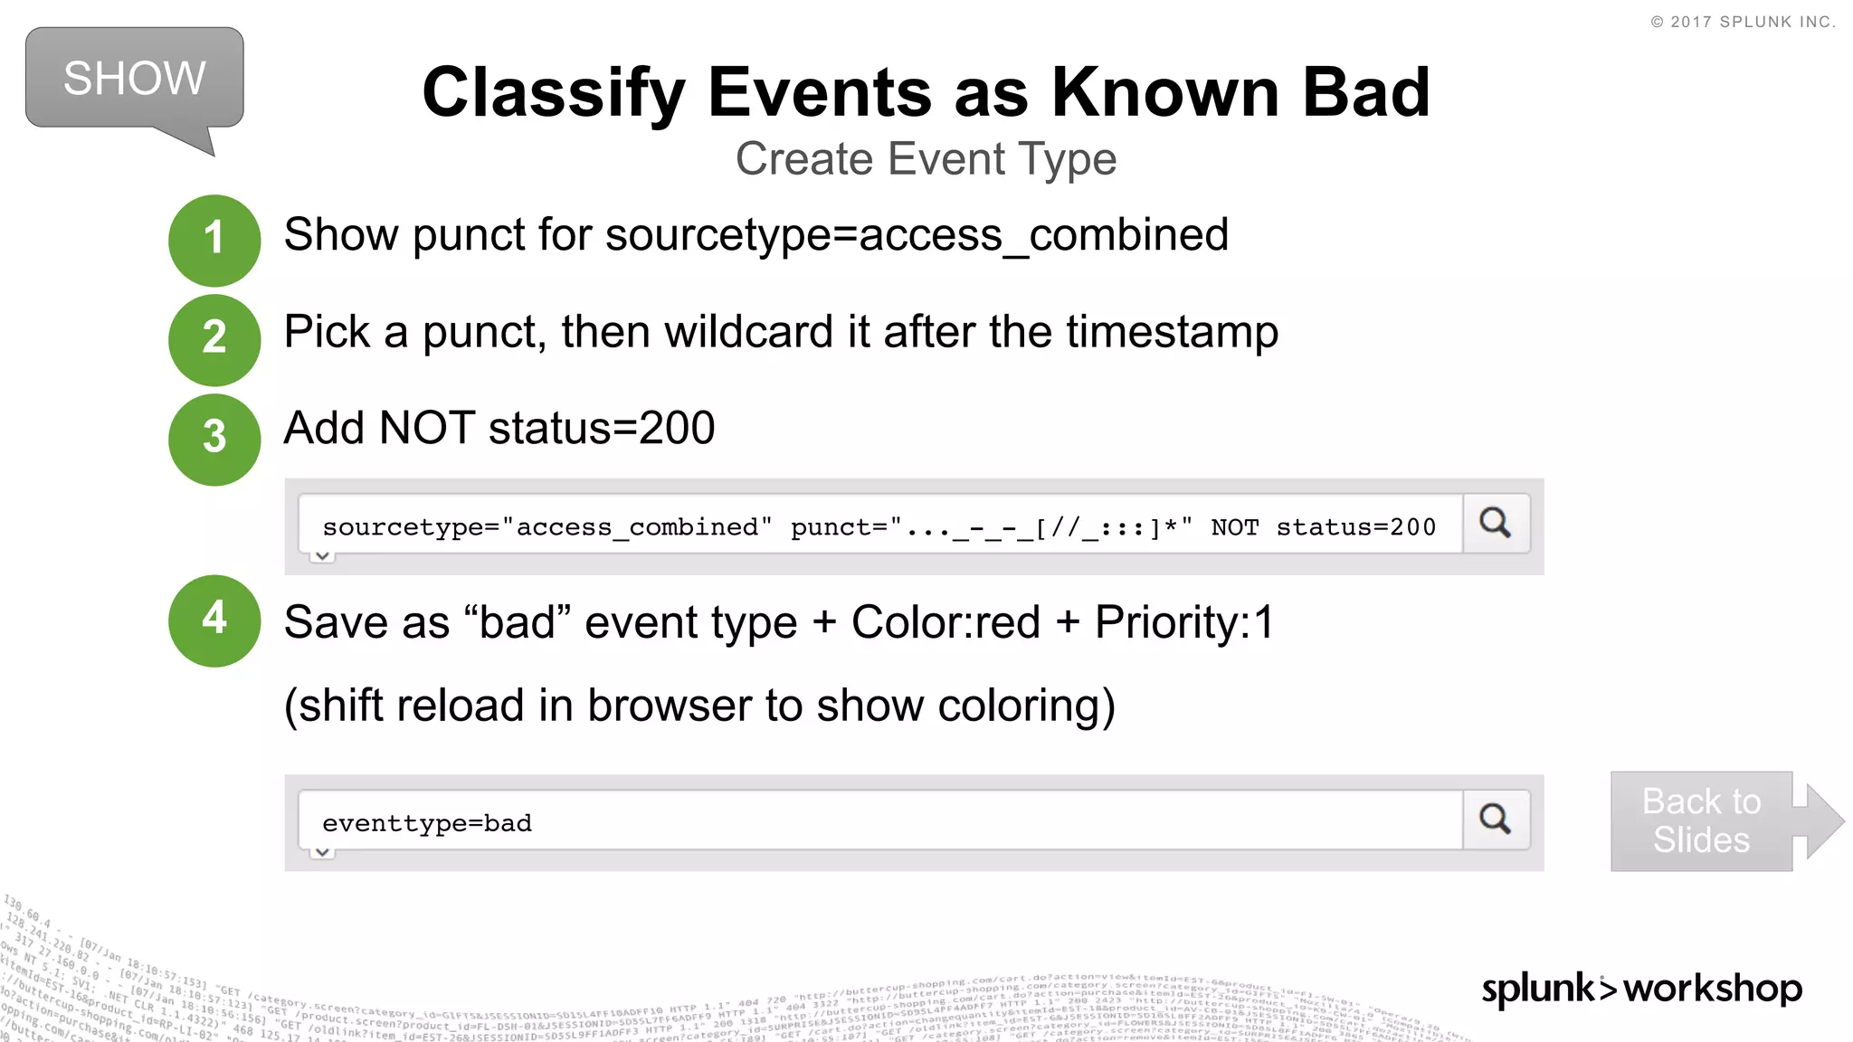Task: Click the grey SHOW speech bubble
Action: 134,79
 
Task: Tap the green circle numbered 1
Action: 214,240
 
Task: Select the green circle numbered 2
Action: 214,339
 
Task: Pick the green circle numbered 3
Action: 214,439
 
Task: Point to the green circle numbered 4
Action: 214,620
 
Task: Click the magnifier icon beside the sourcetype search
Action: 1496,523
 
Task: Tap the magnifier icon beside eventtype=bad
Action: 1496,819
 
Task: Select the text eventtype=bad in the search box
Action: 427,823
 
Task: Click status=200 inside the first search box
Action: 1355,527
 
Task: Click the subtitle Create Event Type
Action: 926,159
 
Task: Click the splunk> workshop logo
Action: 1641,989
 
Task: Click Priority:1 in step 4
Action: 1184,623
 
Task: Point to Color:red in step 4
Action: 946,623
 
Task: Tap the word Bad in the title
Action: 1365,93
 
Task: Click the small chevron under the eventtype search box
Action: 322,852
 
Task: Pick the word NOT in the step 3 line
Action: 427,429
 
